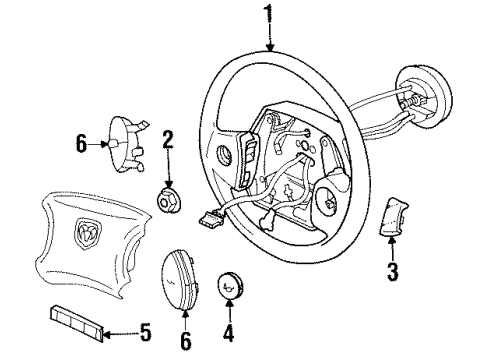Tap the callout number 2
[x=169, y=139]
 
